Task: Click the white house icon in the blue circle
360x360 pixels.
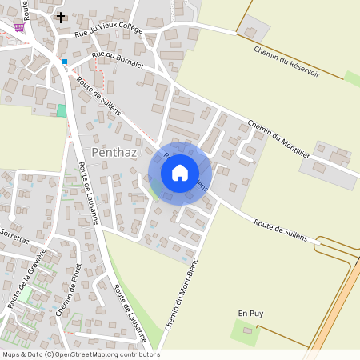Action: [x=180, y=173]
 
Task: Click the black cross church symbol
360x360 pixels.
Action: [x=62, y=16]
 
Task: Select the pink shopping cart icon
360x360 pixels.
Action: [x=18, y=26]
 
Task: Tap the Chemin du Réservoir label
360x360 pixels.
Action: [x=286, y=61]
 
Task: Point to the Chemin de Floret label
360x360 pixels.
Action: [x=71, y=289]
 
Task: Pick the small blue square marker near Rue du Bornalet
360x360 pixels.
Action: [x=65, y=61]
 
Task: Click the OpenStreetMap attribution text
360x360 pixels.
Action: [x=80, y=354]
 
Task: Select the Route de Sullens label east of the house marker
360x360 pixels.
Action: [x=280, y=226]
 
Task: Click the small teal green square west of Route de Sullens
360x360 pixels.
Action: [x=62, y=110]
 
